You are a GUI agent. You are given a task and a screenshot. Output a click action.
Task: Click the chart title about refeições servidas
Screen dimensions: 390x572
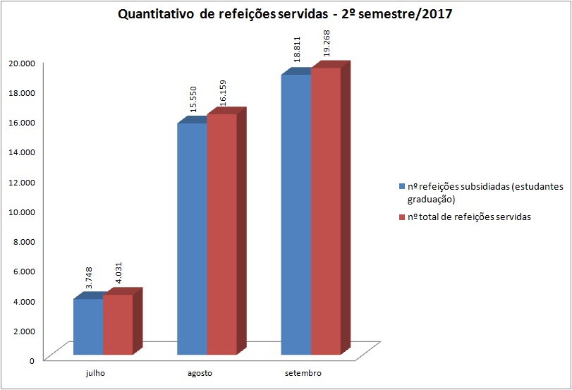click(286, 14)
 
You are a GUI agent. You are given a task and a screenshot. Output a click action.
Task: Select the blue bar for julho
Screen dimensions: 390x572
click(88, 327)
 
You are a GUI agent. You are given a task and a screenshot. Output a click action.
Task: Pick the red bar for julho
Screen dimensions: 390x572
click(118, 324)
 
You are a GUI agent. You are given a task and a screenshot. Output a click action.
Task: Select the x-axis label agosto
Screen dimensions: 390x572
click(200, 372)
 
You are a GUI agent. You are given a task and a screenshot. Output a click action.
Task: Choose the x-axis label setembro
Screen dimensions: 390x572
click(304, 372)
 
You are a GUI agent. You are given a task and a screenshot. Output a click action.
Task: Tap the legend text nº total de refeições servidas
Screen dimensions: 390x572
click(469, 217)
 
